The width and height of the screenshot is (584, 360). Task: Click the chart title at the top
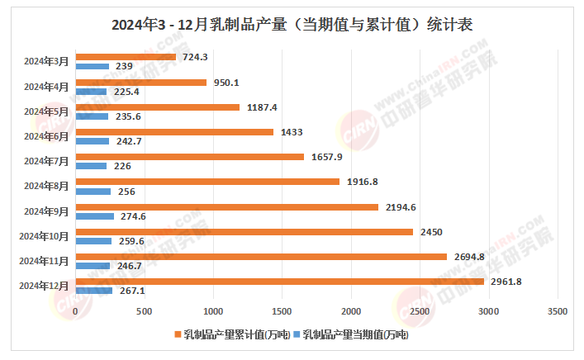click(x=292, y=25)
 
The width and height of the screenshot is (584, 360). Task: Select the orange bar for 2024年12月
click(x=279, y=282)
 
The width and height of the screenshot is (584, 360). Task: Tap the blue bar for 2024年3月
click(x=92, y=66)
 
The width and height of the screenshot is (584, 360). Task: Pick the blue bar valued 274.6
click(x=94, y=216)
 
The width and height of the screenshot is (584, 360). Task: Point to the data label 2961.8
click(x=506, y=282)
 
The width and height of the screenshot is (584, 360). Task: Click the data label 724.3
click(x=196, y=57)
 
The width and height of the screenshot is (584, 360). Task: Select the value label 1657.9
click(x=327, y=157)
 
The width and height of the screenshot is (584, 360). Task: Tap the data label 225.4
click(x=126, y=92)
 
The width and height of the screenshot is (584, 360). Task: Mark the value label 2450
click(x=427, y=232)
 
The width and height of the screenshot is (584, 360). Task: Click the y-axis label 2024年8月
click(x=46, y=186)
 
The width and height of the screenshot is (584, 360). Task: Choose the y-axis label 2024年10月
click(x=44, y=236)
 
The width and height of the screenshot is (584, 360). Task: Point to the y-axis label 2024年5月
click(x=46, y=111)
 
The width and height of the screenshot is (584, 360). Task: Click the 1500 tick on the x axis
click(x=283, y=311)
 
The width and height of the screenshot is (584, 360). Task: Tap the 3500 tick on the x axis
click(x=558, y=311)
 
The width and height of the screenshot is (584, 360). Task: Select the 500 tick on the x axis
click(x=145, y=311)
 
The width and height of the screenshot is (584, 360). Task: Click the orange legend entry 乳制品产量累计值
click(x=230, y=334)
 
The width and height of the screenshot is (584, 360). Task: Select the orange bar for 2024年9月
click(x=226, y=207)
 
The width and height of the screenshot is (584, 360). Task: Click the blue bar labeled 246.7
click(x=93, y=266)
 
